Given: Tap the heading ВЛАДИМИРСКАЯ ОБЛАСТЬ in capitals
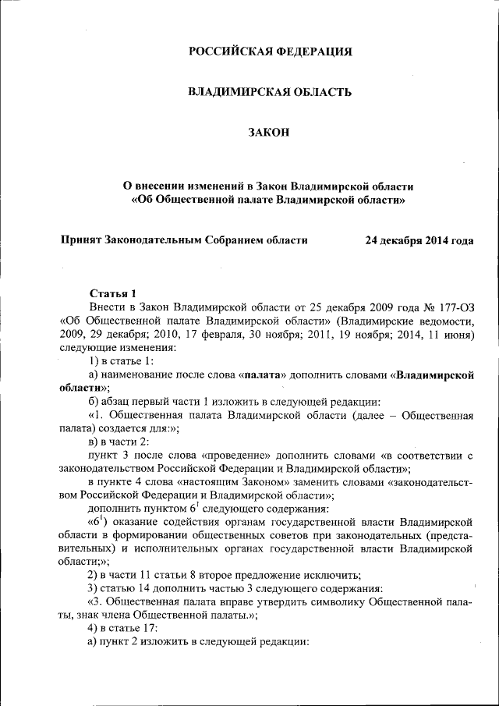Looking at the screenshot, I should pos(270,92).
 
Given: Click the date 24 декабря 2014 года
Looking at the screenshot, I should pos(419,240).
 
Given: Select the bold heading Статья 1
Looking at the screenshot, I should pos(113,293).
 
